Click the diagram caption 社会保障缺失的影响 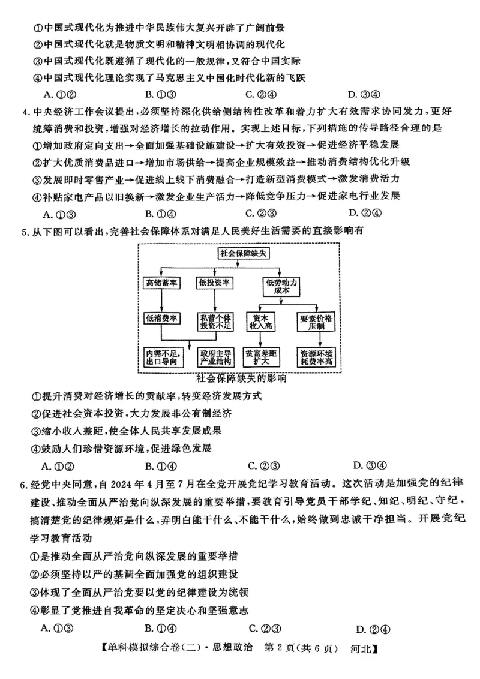pyautogui.click(x=241, y=378)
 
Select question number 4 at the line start pyautogui.click(x=25, y=112)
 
